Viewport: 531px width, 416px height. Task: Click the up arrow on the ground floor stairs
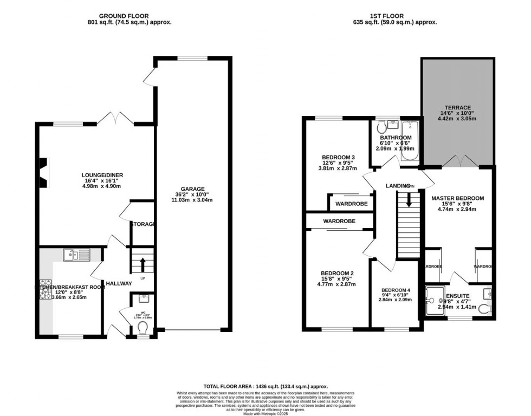click(x=143, y=265)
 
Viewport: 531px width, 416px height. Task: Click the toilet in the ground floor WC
click(x=143, y=328)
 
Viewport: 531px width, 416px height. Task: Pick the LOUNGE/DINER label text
click(x=102, y=175)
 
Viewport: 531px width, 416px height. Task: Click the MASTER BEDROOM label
click(x=457, y=198)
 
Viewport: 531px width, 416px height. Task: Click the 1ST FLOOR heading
click(x=394, y=16)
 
